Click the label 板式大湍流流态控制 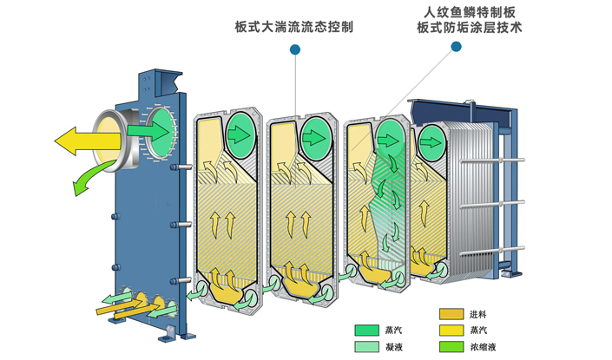pos(293,27)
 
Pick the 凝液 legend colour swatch pos(366,346)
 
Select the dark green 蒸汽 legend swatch pos(366,330)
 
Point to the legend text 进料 pos(480,314)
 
